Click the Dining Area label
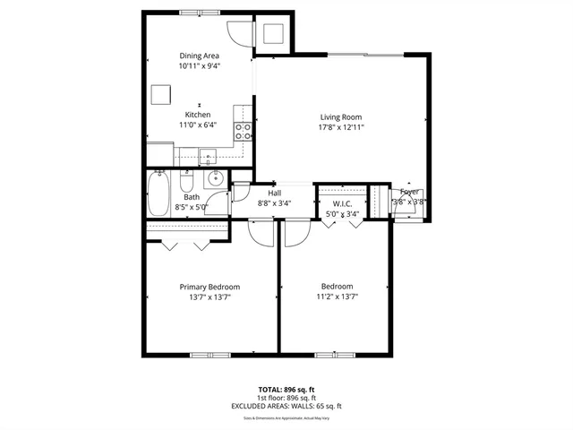(199, 56)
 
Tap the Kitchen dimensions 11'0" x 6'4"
(199, 125)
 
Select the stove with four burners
(243, 133)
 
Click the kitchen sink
(209, 159)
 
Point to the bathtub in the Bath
(158, 194)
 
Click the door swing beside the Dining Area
(240, 31)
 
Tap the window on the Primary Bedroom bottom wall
(205, 355)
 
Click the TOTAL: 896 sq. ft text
(286, 390)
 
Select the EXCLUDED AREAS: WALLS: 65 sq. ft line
(286, 406)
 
